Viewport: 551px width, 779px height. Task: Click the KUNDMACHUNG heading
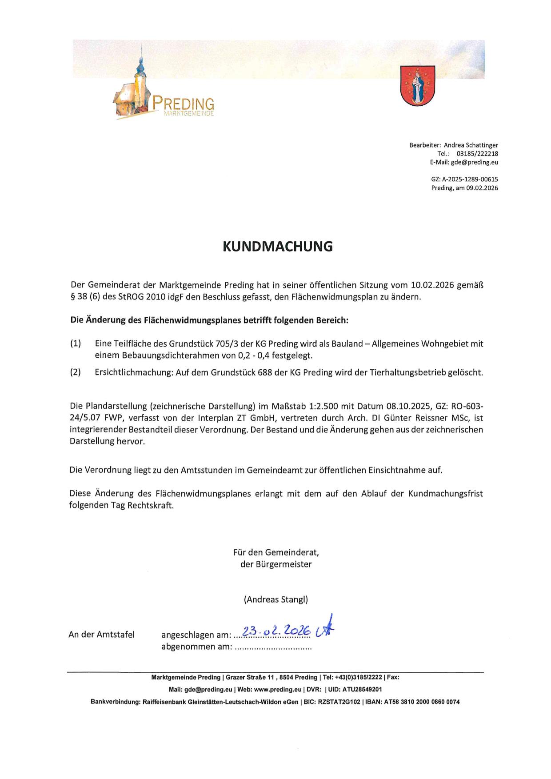(277, 246)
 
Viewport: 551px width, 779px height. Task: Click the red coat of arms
(417, 85)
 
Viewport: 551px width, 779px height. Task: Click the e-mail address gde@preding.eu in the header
(475, 162)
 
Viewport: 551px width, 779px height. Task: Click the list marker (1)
(76, 344)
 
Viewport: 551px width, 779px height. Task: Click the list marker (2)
(76, 372)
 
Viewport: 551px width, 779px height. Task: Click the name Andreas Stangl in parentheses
(275, 599)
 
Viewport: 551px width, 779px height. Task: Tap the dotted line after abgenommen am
(273, 647)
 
